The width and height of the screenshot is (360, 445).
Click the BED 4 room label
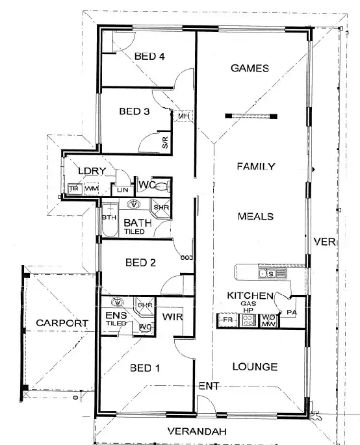(x=149, y=57)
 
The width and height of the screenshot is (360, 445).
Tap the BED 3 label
(x=135, y=111)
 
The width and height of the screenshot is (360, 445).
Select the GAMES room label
(x=250, y=69)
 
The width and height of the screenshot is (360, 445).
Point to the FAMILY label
(x=255, y=166)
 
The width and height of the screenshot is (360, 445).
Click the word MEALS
(x=255, y=216)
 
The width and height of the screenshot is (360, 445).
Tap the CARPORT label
(x=62, y=322)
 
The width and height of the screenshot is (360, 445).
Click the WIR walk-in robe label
(x=171, y=316)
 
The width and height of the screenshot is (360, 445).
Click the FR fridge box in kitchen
(x=227, y=320)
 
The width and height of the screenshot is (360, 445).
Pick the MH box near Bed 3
(x=183, y=116)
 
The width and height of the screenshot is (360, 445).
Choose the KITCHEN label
(x=244, y=295)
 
